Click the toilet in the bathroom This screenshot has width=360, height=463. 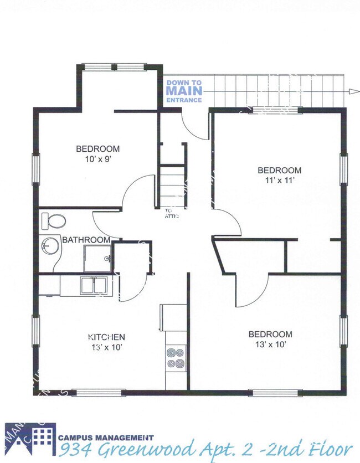(56, 222)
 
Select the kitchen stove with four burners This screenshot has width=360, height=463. (176, 358)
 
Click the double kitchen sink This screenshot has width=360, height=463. (92, 285)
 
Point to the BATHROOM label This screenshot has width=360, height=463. (86, 240)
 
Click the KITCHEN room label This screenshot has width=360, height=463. (107, 337)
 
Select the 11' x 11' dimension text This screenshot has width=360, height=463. (279, 181)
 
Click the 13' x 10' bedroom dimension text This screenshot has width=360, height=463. (270, 344)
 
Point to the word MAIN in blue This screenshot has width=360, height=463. (185, 91)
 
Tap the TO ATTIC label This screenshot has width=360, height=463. (169, 213)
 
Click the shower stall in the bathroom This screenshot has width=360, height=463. (98, 258)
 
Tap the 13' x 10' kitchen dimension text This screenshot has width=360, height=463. (106, 347)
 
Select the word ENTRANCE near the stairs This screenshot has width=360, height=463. (184, 100)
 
